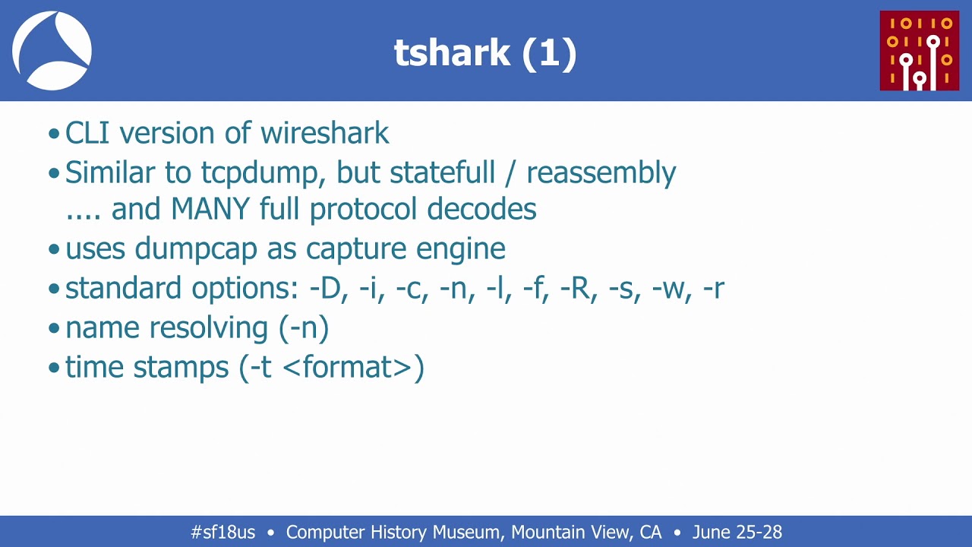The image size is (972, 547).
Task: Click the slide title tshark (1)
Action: point(485,53)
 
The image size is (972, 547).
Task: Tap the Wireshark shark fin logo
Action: point(52,51)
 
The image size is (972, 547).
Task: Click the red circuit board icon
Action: point(919,51)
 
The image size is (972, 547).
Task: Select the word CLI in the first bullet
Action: point(87,133)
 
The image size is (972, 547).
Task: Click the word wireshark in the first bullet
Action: point(324,133)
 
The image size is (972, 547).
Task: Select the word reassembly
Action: point(601,173)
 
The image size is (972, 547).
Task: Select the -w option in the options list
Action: point(669,289)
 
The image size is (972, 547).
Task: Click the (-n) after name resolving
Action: point(304,328)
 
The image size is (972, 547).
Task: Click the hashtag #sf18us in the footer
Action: point(222,533)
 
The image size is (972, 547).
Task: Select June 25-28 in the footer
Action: point(736,533)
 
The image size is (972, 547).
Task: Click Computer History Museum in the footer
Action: point(392,533)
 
